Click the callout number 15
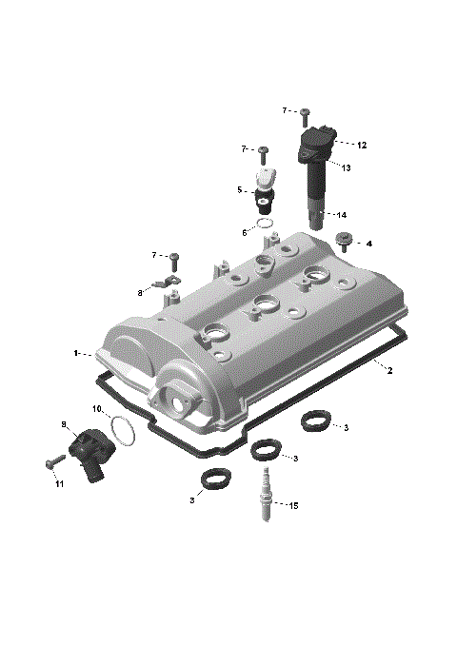tap(293, 505)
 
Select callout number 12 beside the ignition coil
tap(362, 146)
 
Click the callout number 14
tap(341, 215)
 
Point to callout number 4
tap(369, 244)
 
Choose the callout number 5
tap(240, 189)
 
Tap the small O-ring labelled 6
tap(268, 225)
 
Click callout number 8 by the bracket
tap(140, 293)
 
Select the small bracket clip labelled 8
tap(169, 282)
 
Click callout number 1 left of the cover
tap(76, 353)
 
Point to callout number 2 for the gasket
tap(389, 370)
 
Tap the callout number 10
tap(97, 409)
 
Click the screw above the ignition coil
tap(305, 116)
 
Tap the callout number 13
tap(347, 167)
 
